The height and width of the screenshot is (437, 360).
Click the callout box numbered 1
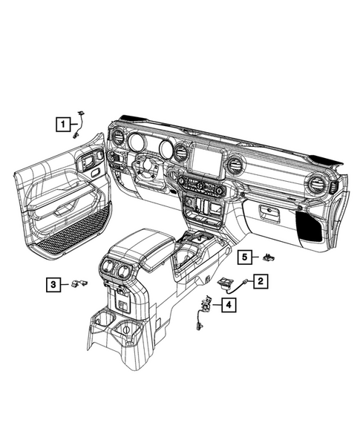click(x=65, y=124)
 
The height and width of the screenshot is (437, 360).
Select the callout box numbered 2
click(x=261, y=280)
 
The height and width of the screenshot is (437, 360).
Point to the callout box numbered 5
click(x=244, y=257)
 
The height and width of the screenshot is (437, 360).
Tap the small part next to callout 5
click(x=268, y=257)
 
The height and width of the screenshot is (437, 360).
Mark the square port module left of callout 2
click(x=225, y=281)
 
